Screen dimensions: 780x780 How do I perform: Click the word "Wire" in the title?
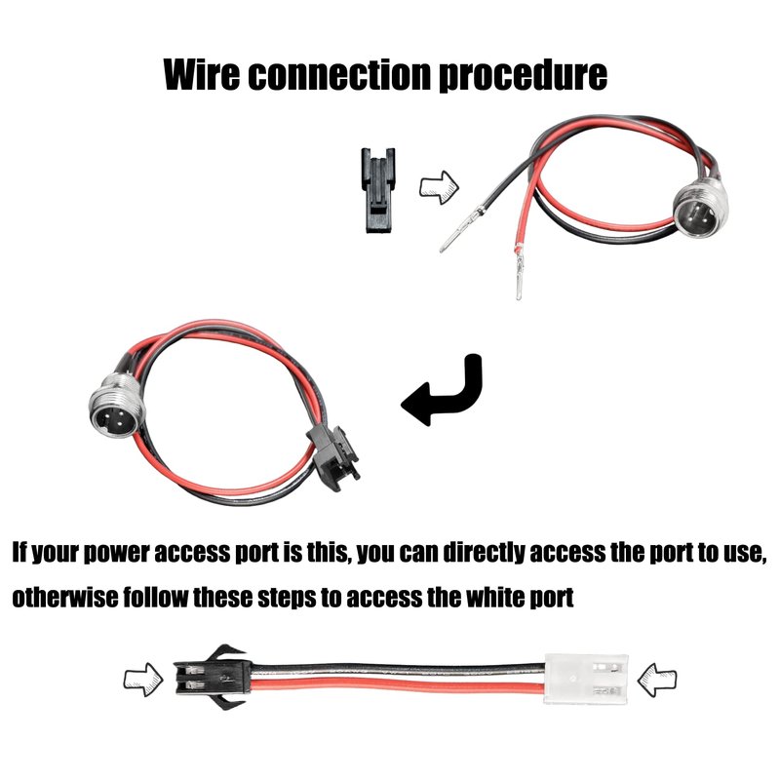coord(202,75)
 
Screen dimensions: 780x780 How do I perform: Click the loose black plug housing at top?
coord(378,190)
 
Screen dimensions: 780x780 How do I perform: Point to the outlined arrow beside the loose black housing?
coord(439,187)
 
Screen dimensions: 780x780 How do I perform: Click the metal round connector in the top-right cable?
coord(701,210)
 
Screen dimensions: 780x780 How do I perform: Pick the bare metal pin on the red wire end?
coord(519,273)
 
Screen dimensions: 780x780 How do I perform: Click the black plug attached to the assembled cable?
coord(333,456)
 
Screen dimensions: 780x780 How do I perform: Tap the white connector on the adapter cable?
coord(586,679)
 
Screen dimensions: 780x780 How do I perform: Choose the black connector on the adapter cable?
coord(212,678)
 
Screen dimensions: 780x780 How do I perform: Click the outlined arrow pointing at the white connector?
coord(656,679)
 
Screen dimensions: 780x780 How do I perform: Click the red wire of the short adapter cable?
coord(398,689)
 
